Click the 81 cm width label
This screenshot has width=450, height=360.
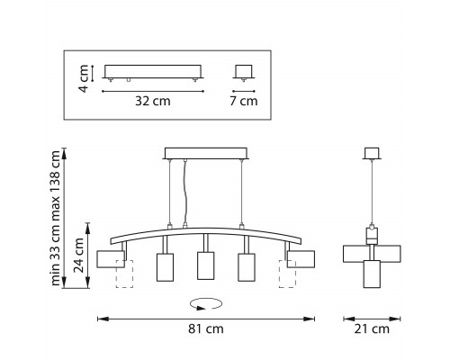click(206, 328)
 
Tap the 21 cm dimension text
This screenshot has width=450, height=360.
click(372, 328)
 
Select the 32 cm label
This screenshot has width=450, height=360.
click(153, 101)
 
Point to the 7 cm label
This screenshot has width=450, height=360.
click(244, 101)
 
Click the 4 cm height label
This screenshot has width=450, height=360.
click(84, 78)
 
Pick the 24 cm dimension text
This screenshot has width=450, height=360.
click(79, 255)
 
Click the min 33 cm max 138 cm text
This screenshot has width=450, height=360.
click(56, 218)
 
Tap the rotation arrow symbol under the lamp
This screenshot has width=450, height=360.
click(206, 303)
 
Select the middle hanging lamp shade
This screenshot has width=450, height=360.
click(205, 265)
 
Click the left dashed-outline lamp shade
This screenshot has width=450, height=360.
click(124, 274)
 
